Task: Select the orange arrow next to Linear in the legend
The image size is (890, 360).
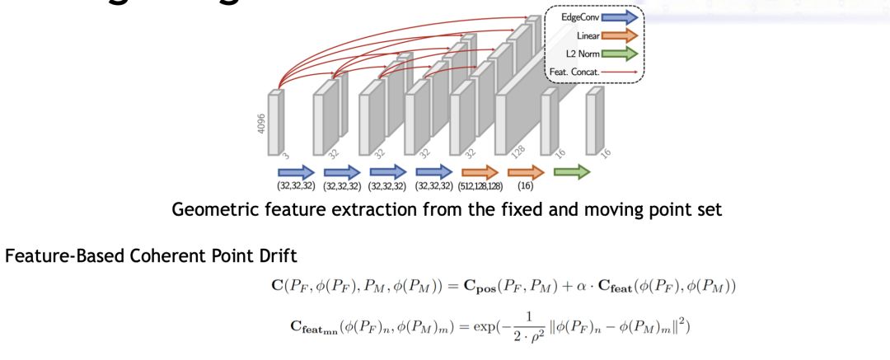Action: coord(620,36)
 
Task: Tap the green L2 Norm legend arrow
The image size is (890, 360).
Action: coord(620,54)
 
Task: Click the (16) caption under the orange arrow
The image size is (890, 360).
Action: coord(526,187)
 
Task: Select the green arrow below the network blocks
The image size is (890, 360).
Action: coord(571,172)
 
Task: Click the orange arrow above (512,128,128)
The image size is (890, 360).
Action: coord(480,172)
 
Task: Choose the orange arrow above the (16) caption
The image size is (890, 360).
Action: coord(526,172)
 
